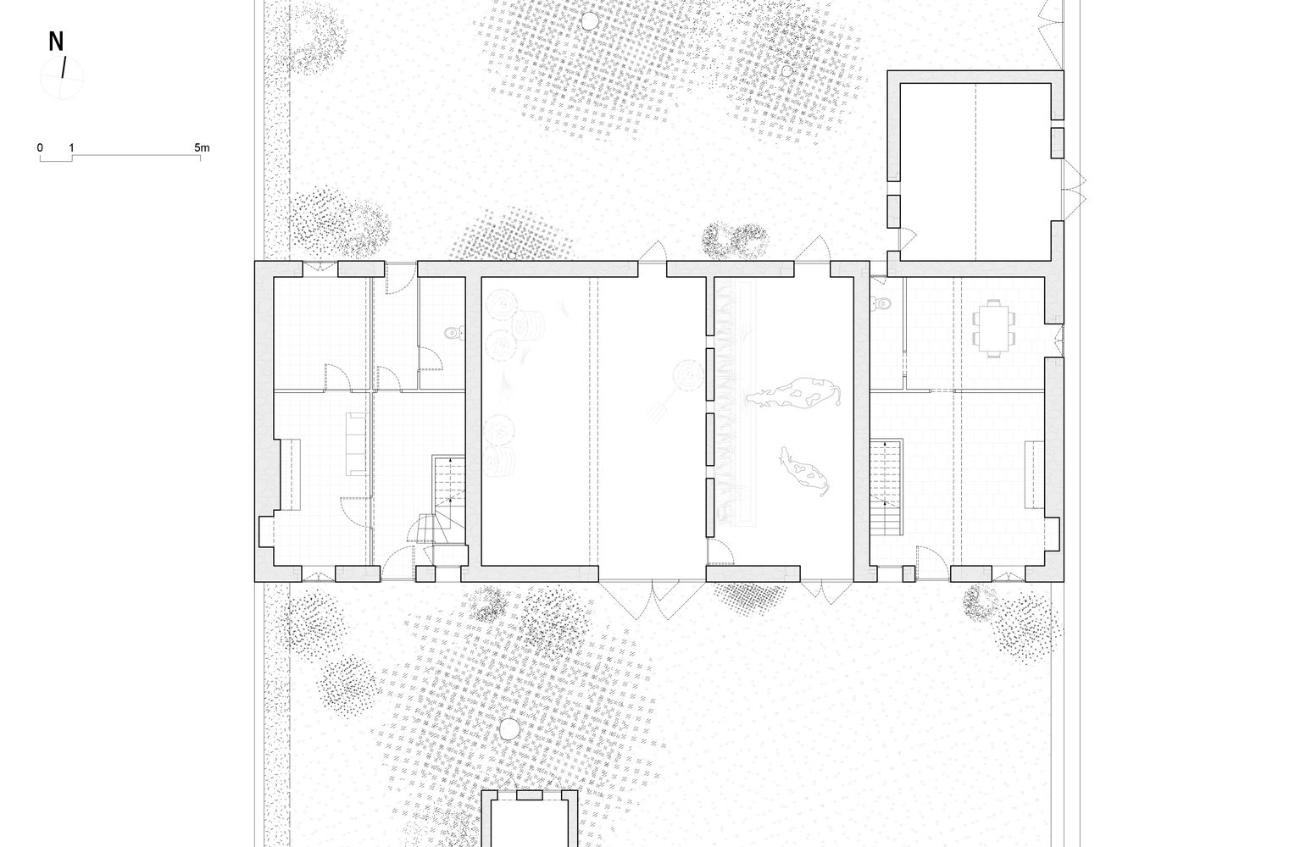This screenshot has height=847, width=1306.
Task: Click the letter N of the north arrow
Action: click(56, 42)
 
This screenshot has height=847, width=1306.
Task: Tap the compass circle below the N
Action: click(62, 77)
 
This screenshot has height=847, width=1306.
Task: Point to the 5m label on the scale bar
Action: click(202, 148)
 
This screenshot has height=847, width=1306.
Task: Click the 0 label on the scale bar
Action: click(40, 148)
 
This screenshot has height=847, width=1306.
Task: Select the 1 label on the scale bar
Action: click(72, 148)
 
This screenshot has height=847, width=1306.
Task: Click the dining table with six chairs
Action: click(993, 328)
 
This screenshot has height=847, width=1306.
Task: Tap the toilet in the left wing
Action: click(453, 333)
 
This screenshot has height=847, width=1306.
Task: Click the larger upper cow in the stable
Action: click(794, 393)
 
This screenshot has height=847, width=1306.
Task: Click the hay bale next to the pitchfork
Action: click(688, 375)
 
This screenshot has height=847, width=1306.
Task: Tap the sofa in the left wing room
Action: click(356, 445)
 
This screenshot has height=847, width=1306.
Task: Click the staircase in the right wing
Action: click(886, 487)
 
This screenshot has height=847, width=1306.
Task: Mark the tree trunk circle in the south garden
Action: click(509, 728)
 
